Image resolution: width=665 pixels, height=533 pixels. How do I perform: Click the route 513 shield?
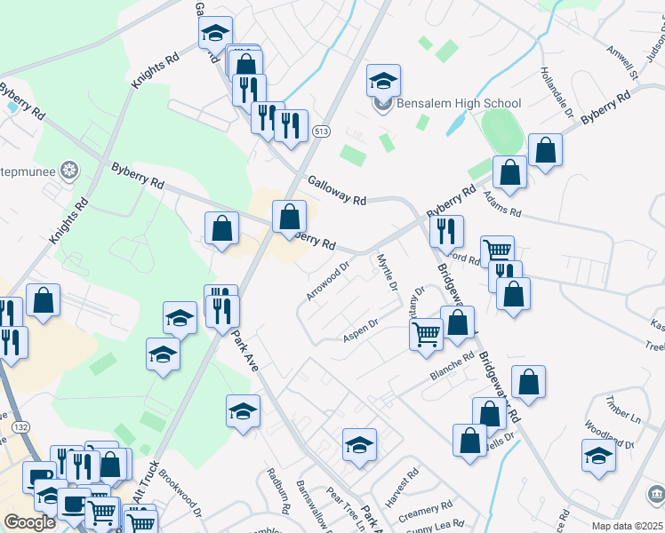pyautogui.click(x=321, y=132)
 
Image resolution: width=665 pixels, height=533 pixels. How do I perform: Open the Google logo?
pyautogui.click(x=29, y=521)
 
